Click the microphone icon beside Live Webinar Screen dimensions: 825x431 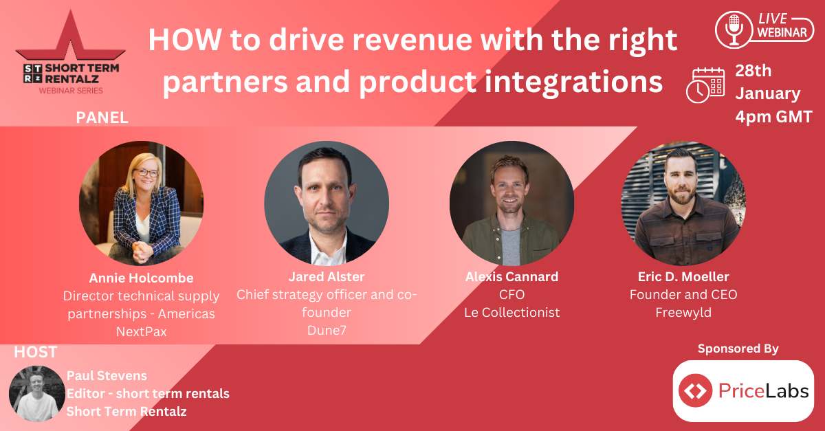[x=734, y=30]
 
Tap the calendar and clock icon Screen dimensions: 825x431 [x=705, y=85]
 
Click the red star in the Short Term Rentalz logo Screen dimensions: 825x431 [x=71, y=36]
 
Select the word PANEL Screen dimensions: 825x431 [x=102, y=118]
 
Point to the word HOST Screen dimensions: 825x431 [x=36, y=352]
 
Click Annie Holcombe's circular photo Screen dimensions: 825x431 [x=142, y=203]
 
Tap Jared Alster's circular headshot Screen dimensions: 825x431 [x=327, y=203]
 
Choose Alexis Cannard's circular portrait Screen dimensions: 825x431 [x=512, y=203]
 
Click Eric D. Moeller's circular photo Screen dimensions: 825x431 [x=683, y=203]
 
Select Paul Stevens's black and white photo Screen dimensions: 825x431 [x=37, y=393]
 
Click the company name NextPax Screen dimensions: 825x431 [x=142, y=332]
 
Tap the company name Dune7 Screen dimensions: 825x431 [x=327, y=331]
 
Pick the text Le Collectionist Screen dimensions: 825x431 [x=512, y=312]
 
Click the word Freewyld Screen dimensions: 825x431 [x=683, y=312]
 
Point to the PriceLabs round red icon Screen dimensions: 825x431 [x=695, y=390]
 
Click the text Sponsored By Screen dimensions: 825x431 [x=738, y=349]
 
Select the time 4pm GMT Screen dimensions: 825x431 [x=774, y=117]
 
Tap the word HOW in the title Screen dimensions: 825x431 [x=185, y=40]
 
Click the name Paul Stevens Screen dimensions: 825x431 [x=107, y=376]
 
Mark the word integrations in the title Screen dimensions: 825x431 [x=573, y=82]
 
